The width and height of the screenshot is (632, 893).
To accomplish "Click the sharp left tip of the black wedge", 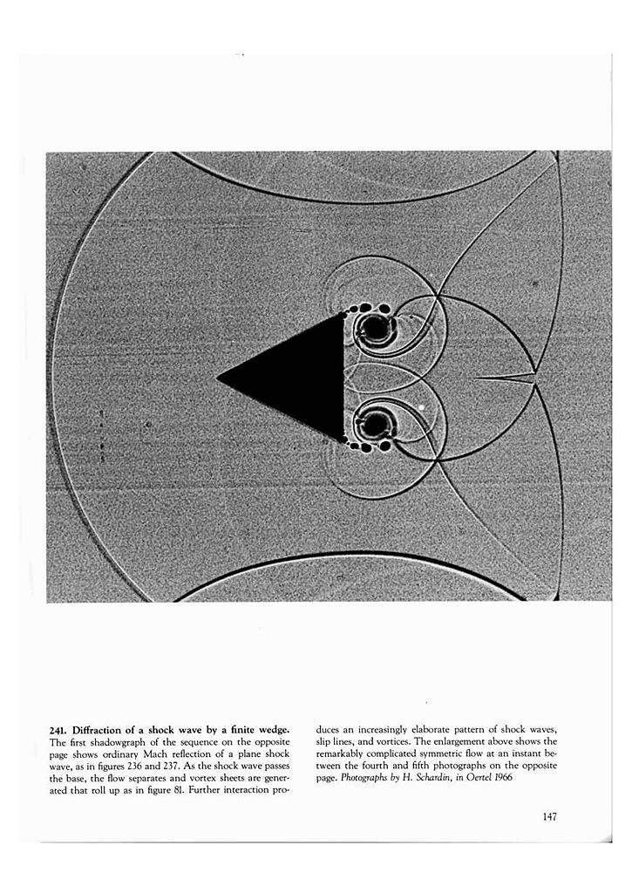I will tap(218, 378).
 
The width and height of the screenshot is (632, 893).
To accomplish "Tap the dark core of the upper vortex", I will tap(373, 328).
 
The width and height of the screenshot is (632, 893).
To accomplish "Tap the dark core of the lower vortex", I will tap(376, 425).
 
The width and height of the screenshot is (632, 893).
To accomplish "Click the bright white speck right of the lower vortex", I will tap(421, 406).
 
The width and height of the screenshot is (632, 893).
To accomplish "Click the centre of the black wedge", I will tap(301, 378).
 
